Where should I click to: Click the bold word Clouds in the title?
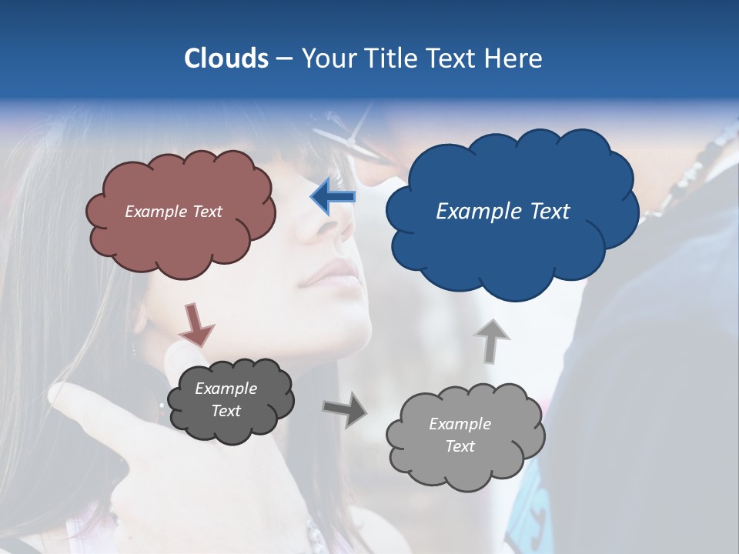(x=226, y=58)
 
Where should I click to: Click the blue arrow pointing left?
(x=333, y=197)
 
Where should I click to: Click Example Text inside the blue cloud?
(x=503, y=212)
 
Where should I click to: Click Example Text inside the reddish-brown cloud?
(x=173, y=212)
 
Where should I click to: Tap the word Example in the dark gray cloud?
(x=226, y=389)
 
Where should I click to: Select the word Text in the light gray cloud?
(x=460, y=446)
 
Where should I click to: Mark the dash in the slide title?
(x=283, y=58)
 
